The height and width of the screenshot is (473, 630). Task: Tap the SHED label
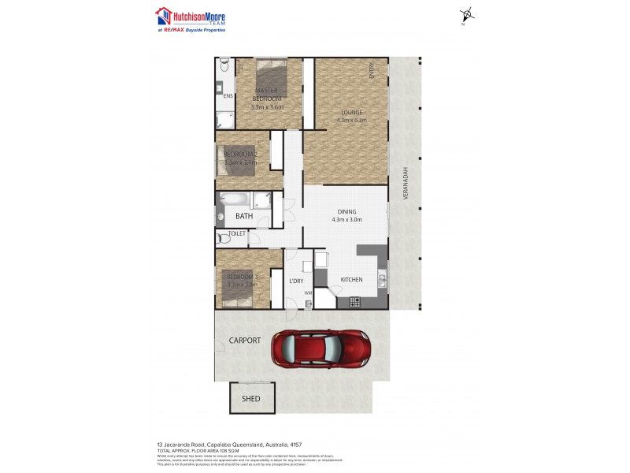[x=250, y=399]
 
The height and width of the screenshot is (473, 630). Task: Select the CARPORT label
[x=245, y=341]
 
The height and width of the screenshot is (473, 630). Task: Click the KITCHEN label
[x=351, y=280]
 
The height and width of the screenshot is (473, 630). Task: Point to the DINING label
[x=346, y=211]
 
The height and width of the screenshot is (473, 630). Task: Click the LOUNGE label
[x=346, y=112]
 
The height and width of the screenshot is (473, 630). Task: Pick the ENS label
[x=228, y=96]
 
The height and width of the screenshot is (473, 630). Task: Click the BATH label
[x=244, y=216]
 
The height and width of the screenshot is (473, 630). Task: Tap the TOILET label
[x=237, y=234]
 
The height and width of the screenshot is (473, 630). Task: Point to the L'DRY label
[x=296, y=281]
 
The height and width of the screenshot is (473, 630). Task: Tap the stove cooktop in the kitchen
[x=354, y=301]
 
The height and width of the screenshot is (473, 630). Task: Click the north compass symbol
[x=468, y=14]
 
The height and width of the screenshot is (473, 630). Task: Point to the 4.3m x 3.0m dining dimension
[x=346, y=220]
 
